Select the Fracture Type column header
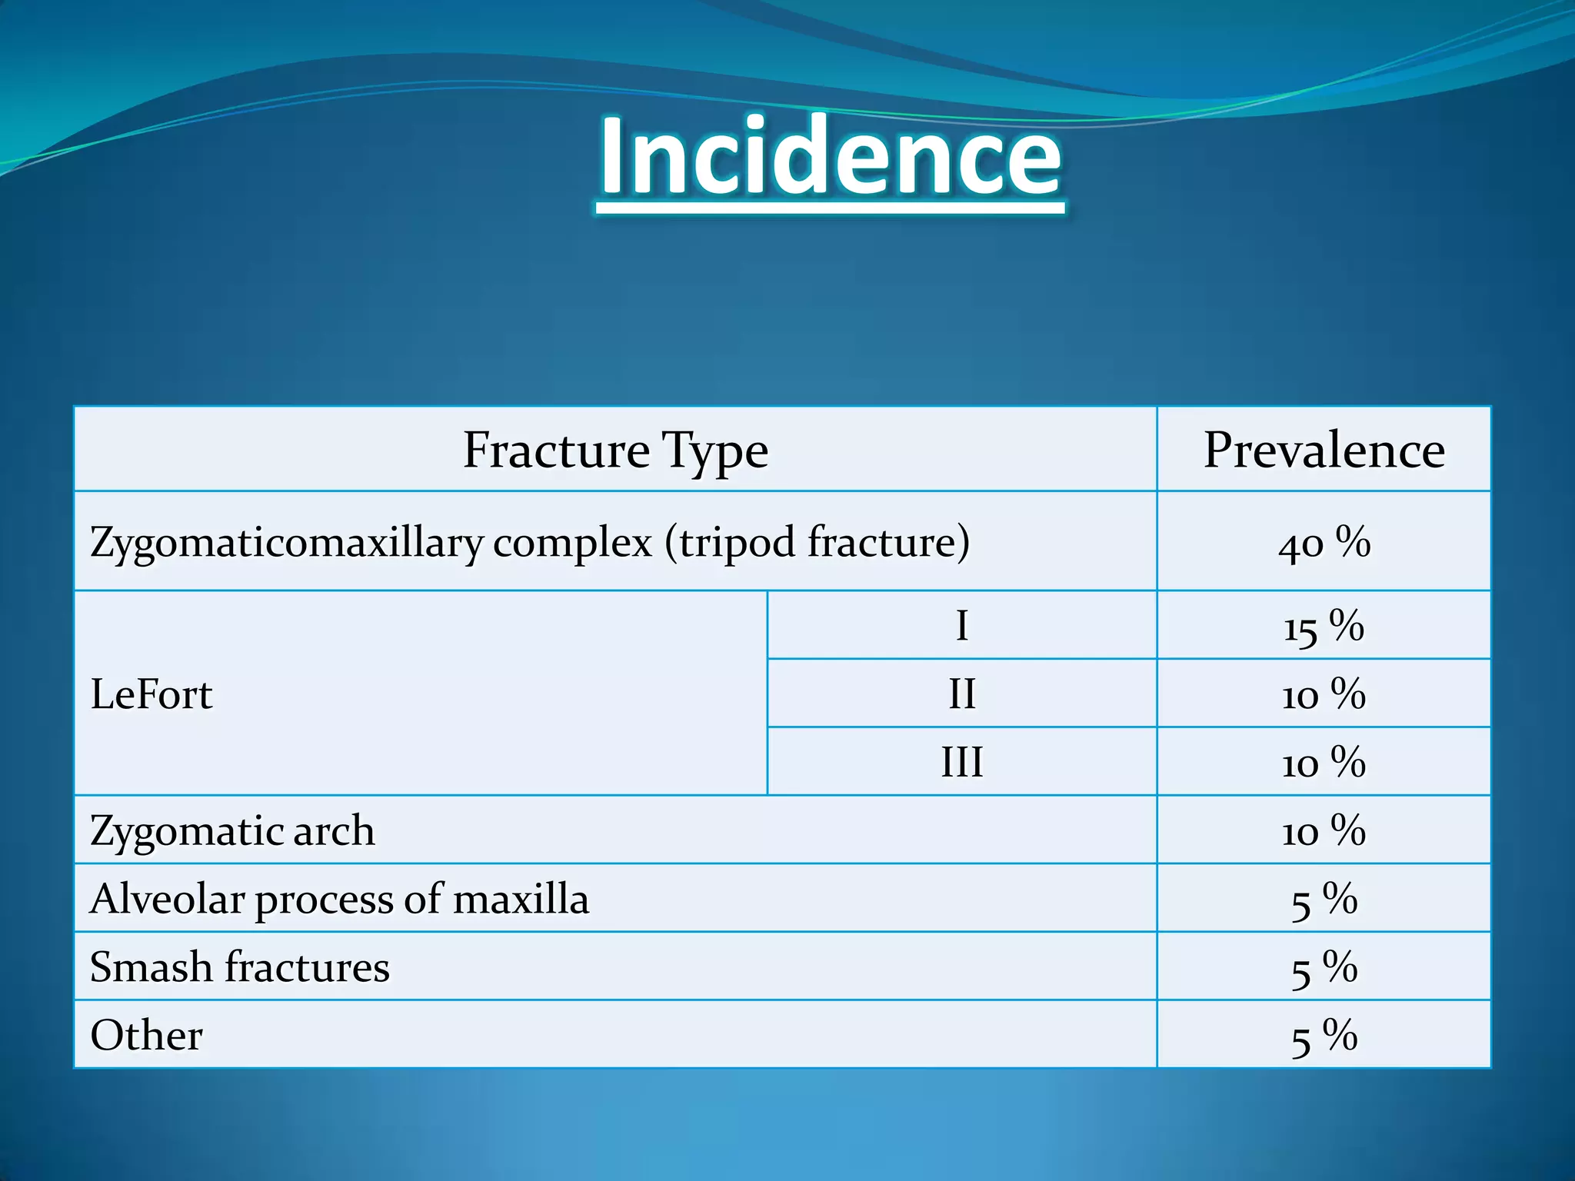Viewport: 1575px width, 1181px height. tap(615, 451)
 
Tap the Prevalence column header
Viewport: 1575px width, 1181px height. tap(1324, 450)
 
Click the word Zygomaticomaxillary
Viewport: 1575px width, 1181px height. tap(286, 543)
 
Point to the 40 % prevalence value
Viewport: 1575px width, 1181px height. tap(1324, 543)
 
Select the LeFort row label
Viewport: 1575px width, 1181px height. tap(152, 694)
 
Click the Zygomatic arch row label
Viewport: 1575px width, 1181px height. tap(232, 831)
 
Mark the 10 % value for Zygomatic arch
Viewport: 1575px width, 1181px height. tap(1324, 831)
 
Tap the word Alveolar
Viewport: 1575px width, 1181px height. tap(167, 899)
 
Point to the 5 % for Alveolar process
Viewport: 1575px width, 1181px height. tap(1324, 900)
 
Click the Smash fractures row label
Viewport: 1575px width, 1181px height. tap(239, 967)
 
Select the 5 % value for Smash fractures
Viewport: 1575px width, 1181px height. tap(1324, 968)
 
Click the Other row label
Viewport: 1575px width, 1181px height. tap(146, 1036)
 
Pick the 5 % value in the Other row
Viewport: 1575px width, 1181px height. tap(1324, 1036)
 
